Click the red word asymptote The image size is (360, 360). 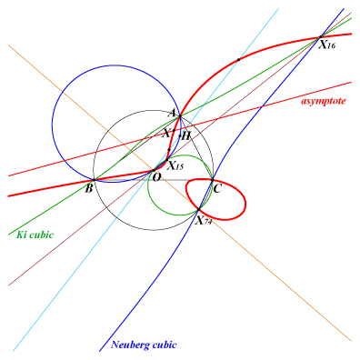[x=324, y=101]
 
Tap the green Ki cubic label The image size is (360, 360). [x=35, y=235]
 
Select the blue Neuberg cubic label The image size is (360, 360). [x=144, y=345]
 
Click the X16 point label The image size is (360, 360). [x=327, y=45]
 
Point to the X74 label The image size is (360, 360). [x=204, y=221]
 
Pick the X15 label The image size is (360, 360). [x=175, y=166]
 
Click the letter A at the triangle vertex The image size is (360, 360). [x=172, y=114]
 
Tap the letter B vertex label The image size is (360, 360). [x=88, y=189]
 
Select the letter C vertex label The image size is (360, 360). [x=217, y=189]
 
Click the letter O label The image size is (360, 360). [x=156, y=178]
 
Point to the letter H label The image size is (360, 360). [x=186, y=135]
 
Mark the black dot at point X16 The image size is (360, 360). [x=320, y=37]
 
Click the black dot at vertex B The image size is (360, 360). [x=94, y=180]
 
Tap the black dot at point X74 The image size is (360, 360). [x=199, y=209]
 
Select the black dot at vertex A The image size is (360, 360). [x=180, y=116]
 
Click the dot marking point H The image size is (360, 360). [x=180, y=135]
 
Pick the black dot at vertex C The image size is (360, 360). [x=213, y=180]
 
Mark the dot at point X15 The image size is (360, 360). [x=166, y=160]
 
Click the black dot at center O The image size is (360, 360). [x=154, y=171]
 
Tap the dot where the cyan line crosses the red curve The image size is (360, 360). [x=238, y=59]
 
